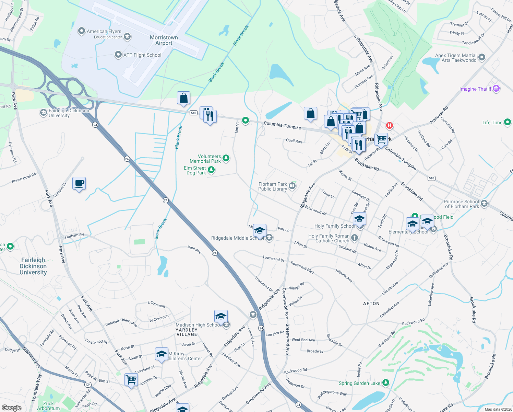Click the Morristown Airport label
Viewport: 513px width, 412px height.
164,40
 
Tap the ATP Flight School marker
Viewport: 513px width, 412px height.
118,55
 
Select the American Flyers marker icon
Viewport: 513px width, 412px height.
81,31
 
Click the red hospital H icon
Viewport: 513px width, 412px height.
389,125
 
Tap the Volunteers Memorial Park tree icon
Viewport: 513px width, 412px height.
226,158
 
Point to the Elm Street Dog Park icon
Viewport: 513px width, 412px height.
211,170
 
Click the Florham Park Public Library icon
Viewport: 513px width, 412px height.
292,186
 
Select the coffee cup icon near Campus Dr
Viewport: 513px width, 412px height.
79,183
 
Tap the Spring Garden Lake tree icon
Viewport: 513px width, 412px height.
386,383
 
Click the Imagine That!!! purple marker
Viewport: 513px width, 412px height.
496,89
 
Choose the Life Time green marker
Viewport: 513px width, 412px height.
508,122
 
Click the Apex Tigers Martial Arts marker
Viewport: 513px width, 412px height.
482,57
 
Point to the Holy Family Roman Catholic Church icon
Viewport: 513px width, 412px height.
355,238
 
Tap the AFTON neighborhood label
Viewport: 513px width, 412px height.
371,304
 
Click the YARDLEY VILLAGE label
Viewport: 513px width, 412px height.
187,332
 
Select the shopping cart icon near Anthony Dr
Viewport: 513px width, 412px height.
131,380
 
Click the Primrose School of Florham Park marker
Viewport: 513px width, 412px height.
484,204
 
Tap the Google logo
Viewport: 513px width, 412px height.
11,408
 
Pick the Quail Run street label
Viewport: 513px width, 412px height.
294,141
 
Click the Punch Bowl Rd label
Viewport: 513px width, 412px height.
24,178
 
